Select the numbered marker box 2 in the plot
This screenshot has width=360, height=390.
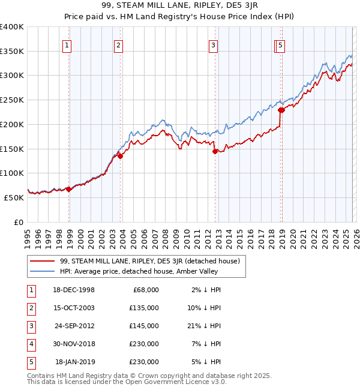119,44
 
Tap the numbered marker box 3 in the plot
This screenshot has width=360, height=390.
213,44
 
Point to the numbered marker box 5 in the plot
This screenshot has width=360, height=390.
281,44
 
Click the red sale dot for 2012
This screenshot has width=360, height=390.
215,151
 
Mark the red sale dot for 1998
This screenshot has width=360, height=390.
69,189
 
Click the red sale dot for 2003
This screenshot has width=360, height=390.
120,156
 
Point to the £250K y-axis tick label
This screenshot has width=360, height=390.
12,100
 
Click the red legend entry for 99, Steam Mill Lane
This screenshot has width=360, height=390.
150,261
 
